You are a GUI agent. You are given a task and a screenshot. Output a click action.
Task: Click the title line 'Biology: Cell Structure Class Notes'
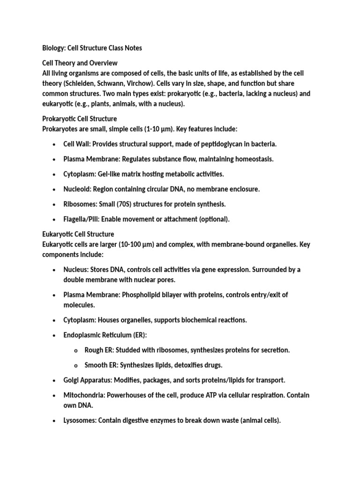(92, 48)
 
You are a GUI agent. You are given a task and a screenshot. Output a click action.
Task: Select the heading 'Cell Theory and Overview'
(80, 63)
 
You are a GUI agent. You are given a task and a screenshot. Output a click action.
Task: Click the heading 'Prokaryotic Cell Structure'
(80, 119)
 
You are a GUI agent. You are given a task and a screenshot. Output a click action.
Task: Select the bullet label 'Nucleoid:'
(77, 189)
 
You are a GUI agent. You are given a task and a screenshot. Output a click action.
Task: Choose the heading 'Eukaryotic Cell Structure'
(78, 234)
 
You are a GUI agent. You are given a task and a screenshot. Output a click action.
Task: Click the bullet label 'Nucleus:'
(75, 270)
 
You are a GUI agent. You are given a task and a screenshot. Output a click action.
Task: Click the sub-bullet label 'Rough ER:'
(99, 350)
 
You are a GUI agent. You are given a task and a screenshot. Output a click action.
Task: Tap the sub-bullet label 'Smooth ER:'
(101, 365)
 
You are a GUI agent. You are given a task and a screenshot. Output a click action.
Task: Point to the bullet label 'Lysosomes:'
(80, 420)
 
